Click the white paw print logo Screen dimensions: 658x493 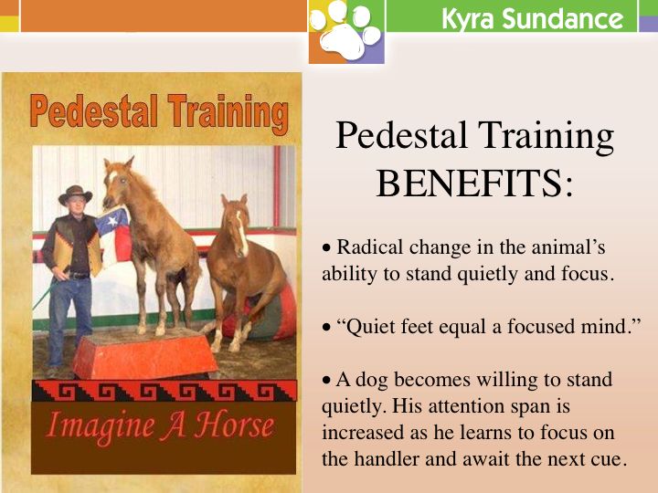tap(346, 30)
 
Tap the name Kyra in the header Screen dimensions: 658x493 tap(468, 19)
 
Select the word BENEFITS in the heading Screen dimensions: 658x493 tap(469, 184)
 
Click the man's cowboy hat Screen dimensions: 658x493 tap(75, 195)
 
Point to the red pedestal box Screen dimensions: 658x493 tap(145, 353)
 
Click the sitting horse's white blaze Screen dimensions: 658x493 tap(241, 233)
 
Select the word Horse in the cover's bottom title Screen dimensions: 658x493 tap(234, 425)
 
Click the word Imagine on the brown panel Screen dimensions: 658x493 tap(101, 426)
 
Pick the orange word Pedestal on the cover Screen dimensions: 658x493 tap(94, 110)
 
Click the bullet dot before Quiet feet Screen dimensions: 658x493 tap(327, 328)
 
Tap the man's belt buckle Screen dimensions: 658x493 tap(73, 276)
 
